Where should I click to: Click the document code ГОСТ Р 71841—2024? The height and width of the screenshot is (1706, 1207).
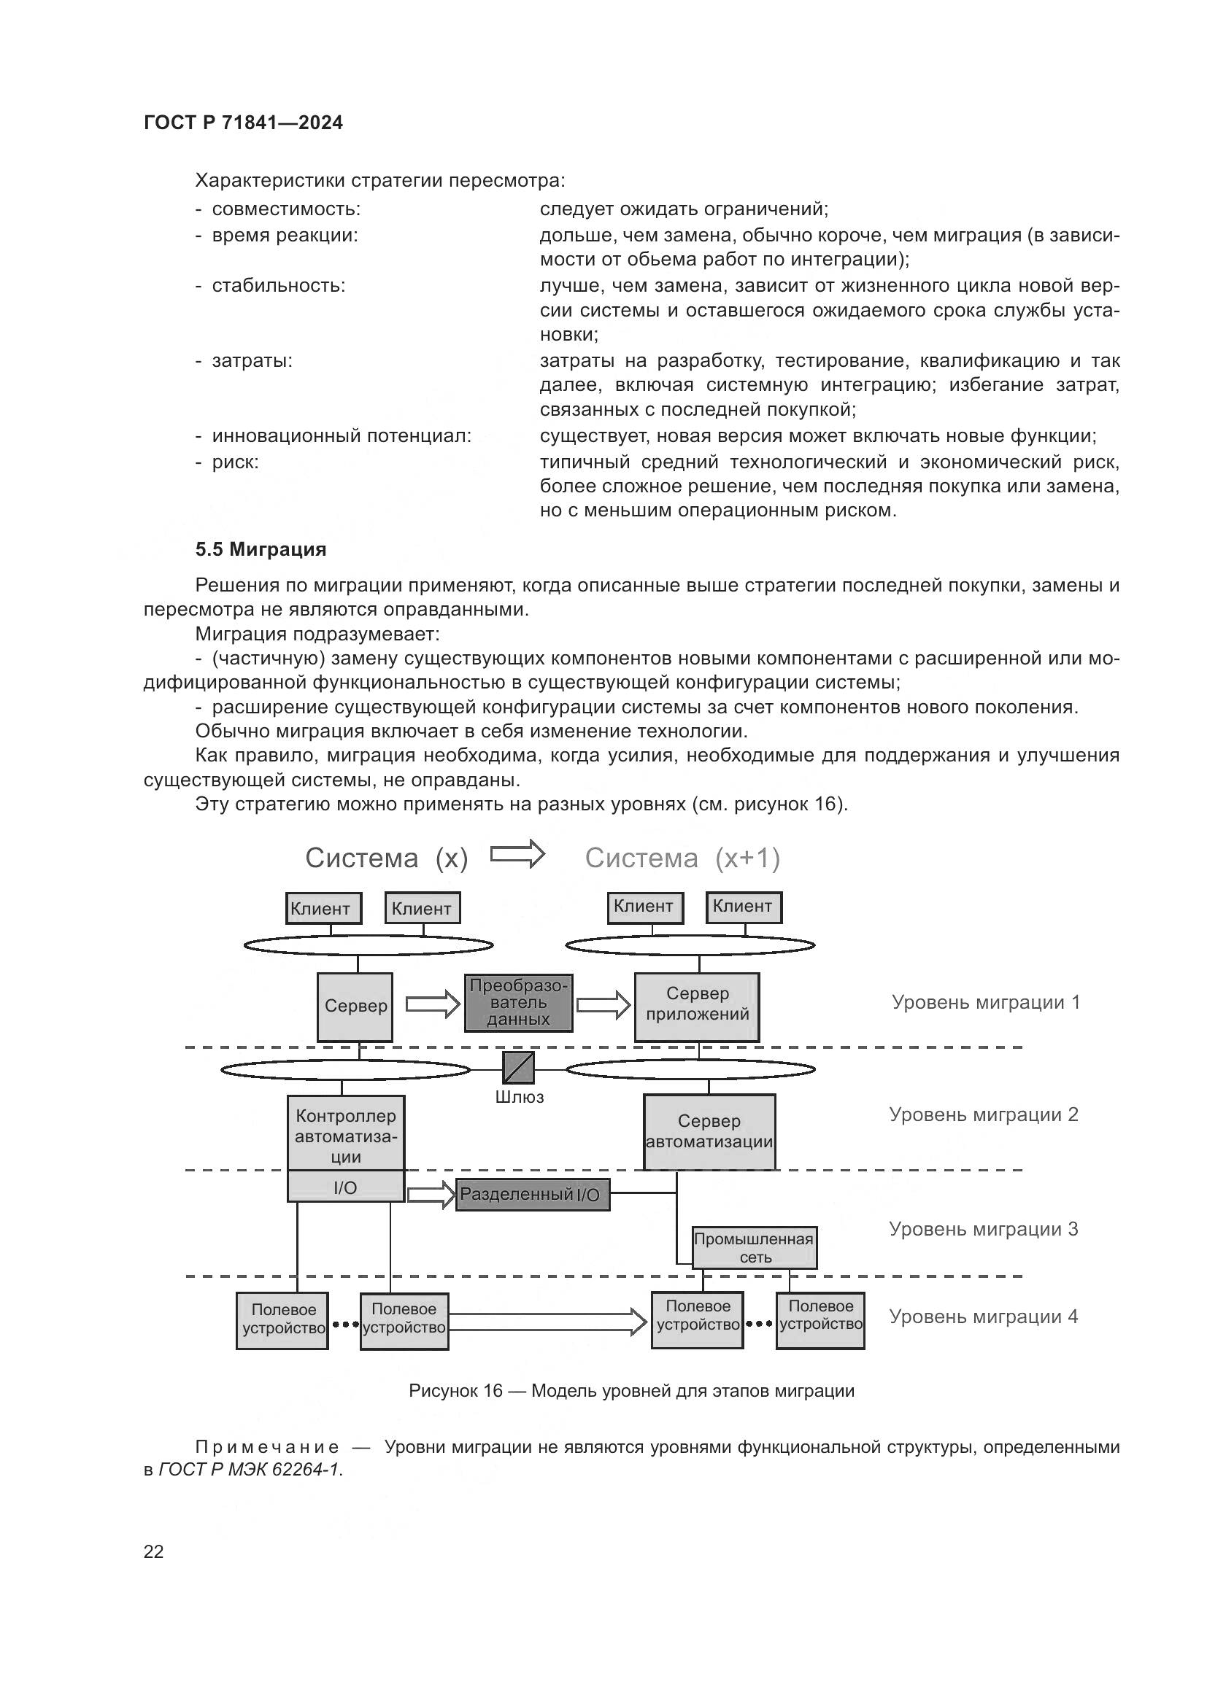[x=243, y=123]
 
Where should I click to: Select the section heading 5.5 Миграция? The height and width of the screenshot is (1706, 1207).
[x=261, y=549]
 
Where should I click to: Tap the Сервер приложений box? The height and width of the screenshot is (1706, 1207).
[x=696, y=1006]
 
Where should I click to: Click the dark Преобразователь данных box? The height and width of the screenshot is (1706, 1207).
[x=518, y=1002]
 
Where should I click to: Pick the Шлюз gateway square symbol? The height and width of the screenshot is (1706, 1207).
[x=518, y=1068]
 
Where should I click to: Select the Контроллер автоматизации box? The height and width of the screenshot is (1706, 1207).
[x=346, y=1133]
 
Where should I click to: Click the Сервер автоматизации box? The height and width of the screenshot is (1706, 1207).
[x=709, y=1132]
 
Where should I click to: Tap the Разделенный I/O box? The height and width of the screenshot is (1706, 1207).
[x=531, y=1195]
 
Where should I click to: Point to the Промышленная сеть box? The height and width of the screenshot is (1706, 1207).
[x=754, y=1248]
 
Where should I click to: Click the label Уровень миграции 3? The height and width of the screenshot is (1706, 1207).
[x=982, y=1229]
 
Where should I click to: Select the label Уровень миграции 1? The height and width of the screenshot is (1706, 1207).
[x=984, y=1002]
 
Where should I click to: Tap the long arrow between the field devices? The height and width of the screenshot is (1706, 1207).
[x=547, y=1322]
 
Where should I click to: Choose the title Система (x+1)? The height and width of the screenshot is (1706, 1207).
[x=682, y=858]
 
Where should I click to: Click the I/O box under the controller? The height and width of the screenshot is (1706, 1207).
[x=346, y=1187]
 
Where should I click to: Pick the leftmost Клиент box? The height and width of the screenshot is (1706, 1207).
[x=323, y=908]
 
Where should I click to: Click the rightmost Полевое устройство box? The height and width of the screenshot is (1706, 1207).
[x=820, y=1320]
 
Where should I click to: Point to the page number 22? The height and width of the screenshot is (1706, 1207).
[x=154, y=1551]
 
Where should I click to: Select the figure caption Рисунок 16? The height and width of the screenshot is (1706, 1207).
[x=631, y=1391]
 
